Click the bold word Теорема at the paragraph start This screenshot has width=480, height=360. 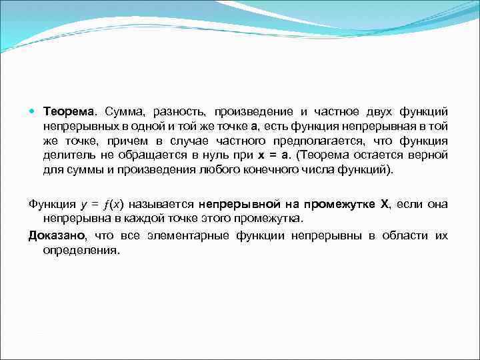click(70, 110)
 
